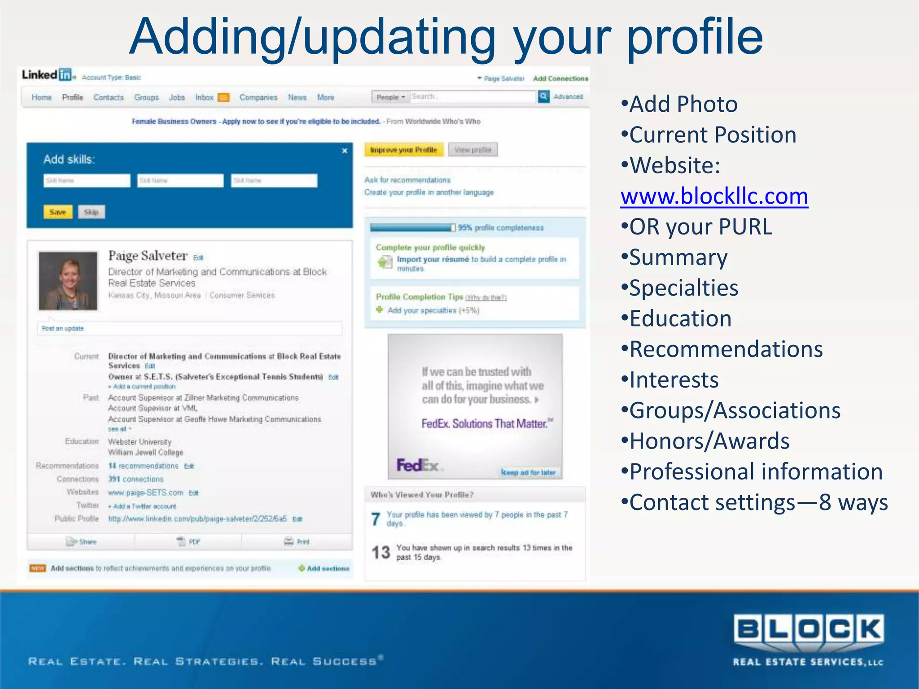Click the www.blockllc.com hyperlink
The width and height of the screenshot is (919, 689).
(714, 196)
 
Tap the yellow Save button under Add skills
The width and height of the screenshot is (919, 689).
(58, 212)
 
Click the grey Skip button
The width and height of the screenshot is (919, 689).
(91, 212)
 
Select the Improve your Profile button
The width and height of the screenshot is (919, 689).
(403, 150)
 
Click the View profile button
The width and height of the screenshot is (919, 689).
(473, 150)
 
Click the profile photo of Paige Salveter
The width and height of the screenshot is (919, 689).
(68, 281)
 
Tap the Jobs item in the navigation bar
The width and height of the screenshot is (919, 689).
(177, 97)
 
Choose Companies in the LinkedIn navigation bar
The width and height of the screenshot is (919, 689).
(258, 97)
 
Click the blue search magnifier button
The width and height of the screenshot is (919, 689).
(543, 96)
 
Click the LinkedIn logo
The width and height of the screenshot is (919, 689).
(47, 75)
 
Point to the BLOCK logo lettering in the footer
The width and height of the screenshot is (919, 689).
(808, 629)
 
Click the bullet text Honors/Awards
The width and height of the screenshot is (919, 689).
(709, 441)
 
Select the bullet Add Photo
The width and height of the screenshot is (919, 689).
(683, 104)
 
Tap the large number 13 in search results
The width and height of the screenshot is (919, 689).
(381, 552)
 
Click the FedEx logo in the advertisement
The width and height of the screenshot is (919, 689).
(417, 465)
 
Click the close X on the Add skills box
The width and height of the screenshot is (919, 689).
(345, 151)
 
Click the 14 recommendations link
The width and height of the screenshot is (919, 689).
(143, 466)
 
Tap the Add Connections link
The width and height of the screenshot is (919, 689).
(560, 78)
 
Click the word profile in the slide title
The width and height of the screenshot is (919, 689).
(694, 37)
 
